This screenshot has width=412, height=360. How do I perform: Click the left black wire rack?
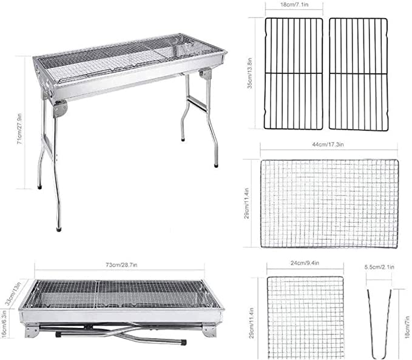click(x=294, y=74)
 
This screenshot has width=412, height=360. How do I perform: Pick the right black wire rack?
click(x=357, y=74)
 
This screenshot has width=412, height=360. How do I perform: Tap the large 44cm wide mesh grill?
click(x=329, y=204)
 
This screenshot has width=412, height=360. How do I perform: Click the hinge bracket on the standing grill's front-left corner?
click(x=59, y=110)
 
